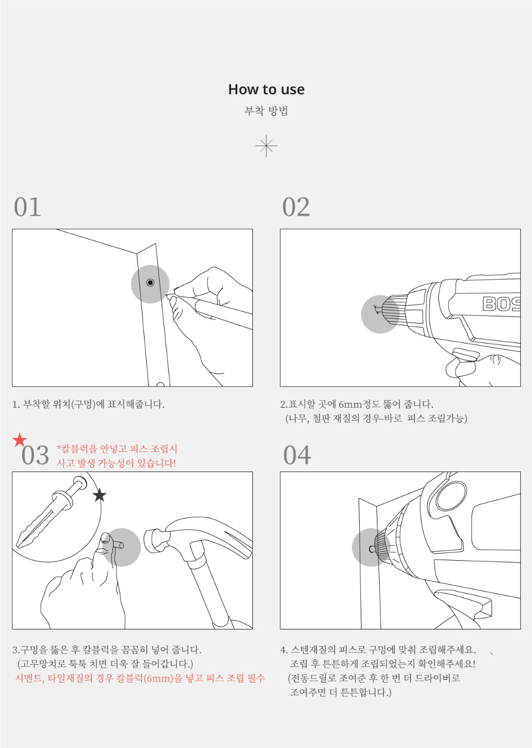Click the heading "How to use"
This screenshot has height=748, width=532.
point(266,90)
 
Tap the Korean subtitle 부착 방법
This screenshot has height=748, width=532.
point(266,110)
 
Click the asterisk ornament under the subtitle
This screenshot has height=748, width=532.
point(266,146)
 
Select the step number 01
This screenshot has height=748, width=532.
point(27,207)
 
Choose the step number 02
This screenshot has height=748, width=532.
point(296,207)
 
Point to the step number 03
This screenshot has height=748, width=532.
point(35,455)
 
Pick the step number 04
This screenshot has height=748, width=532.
point(297,455)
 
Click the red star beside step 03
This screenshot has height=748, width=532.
point(20,440)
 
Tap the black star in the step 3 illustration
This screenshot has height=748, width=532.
point(100,495)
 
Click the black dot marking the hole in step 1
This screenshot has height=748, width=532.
point(150,283)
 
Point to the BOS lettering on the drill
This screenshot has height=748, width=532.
point(502,304)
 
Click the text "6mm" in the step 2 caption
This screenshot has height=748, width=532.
point(350,404)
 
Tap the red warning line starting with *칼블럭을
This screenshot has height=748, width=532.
point(117,449)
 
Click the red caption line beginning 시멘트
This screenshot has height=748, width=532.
point(140,678)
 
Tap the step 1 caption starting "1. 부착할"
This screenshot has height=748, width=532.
point(89,404)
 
